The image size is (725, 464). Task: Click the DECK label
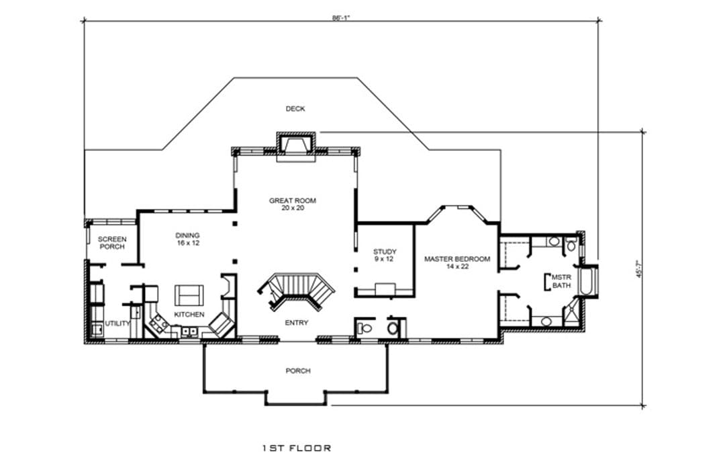[x=295, y=109]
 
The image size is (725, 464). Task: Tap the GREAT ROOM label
[x=293, y=200]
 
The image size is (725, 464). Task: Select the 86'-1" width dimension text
[x=341, y=18]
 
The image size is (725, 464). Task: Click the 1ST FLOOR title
[x=297, y=449]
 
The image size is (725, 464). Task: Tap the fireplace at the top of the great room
[x=296, y=147]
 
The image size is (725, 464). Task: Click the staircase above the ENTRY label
[x=297, y=290]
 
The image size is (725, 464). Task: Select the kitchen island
[x=189, y=295]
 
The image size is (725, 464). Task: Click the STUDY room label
[x=385, y=252]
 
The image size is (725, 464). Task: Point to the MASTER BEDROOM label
[x=457, y=259]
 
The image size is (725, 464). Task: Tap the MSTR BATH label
[x=561, y=282]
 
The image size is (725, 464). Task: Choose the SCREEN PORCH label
[x=112, y=243]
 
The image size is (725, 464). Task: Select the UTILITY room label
[x=117, y=323]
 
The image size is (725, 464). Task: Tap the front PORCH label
[x=298, y=371]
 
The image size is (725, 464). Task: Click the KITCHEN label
[x=189, y=315]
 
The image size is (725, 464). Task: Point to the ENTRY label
[x=297, y=323]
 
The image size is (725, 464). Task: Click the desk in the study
[x=385, y=290]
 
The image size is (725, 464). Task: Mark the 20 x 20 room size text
[x=293, y=208]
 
